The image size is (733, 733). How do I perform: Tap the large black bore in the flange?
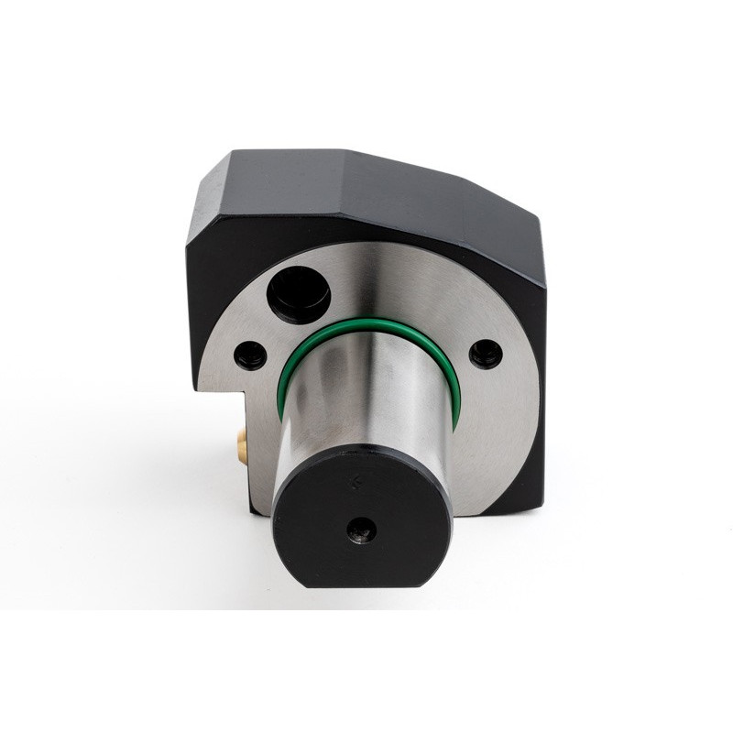pyautogui.click(x=298, y=294)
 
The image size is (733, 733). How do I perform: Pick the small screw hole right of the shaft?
pyautogui.click(x=485, y=352)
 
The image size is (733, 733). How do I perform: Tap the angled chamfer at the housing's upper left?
pyautogui.click(x=205, y=197)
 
